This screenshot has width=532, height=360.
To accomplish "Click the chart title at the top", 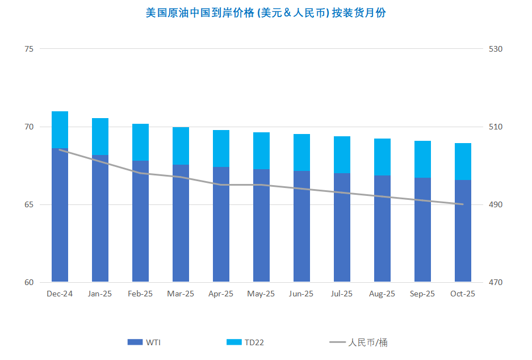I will click(x=266, y=12).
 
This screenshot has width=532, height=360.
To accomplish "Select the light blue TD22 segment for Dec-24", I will click(x=60, y=129).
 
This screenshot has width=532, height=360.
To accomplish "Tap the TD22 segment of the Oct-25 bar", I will click(x=463, y=161).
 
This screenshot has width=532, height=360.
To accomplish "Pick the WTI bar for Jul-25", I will click(x=342, y=227).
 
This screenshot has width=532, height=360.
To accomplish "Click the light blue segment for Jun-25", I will click(x=301, y=152).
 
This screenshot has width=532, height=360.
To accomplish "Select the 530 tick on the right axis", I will click(x=496, y=49).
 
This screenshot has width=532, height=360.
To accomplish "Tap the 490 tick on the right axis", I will click(x=496, y=204).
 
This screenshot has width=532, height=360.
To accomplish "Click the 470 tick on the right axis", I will click(x=496, y=282).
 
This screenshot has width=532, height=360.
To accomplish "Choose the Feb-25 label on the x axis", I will click(x=140, y=294).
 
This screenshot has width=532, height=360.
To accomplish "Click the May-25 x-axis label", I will click(x=261, y=294).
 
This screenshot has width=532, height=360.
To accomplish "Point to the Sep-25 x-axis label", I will click(x=422, y=294).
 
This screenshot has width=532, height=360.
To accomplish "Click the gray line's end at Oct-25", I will click(x=463, y=204).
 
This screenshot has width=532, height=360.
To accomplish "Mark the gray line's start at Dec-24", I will click(x=60, y=149).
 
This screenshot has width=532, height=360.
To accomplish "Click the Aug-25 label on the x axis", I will click(x=382, y=294).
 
